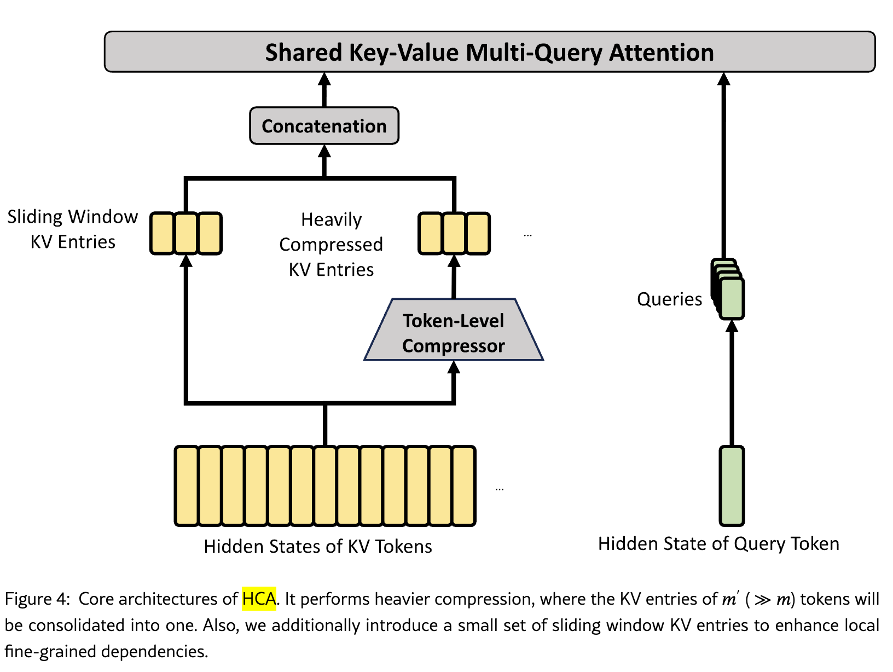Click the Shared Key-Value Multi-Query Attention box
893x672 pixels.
click(490, 52)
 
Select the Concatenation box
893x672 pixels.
click(324, 126)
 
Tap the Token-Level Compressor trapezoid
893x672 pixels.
click(454, 330)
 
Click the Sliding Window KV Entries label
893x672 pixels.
click(73, 229)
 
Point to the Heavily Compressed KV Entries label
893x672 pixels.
click(331, 245)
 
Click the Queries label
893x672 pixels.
click(669, 299)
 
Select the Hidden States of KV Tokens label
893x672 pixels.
click(318, 546)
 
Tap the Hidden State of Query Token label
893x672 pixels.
click(718, 544)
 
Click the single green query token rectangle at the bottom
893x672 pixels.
click(732, 486)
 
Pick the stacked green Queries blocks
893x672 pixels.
click(728, 289)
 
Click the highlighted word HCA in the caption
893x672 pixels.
click(259, 599)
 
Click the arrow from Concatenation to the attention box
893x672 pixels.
click(324, 90)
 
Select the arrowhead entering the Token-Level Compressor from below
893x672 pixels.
click(454, 367)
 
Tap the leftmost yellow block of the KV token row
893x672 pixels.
click(187, 486)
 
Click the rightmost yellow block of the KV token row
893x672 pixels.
click(464, 486)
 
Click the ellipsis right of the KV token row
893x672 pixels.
click(500, 489)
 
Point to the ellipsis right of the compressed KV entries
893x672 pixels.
click(527, 235)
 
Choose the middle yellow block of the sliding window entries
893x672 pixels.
click(186, 234)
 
